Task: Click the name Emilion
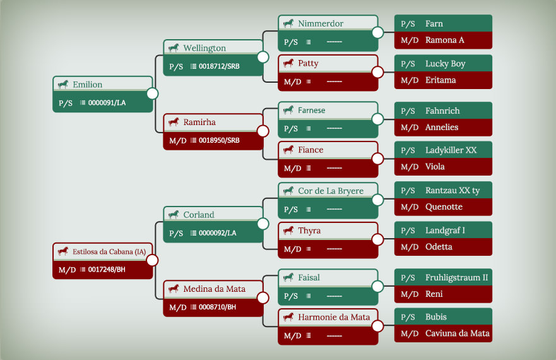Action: click(87, 85)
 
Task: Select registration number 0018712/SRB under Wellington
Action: click(219, 66)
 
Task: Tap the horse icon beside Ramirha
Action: click(174, 122)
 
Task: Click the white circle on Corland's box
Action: click(263, 224)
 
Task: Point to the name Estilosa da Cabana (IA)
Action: click(109, 252)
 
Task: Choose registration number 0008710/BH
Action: click(217, 307)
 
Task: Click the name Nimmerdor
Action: click(321, 23)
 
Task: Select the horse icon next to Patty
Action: click(288, 64)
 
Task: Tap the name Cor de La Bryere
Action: click(331, 191)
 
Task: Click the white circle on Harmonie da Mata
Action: click(377, 326)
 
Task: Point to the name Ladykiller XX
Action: click(451, 150)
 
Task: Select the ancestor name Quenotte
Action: click(444, 207)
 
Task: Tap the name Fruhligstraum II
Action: click(456, 278)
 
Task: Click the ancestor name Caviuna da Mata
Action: click(458, 333)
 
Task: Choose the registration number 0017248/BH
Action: click(107, 270)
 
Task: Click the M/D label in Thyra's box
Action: click(292, 249)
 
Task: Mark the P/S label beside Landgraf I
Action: click(408, 231)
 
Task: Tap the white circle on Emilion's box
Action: click(153, 93)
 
